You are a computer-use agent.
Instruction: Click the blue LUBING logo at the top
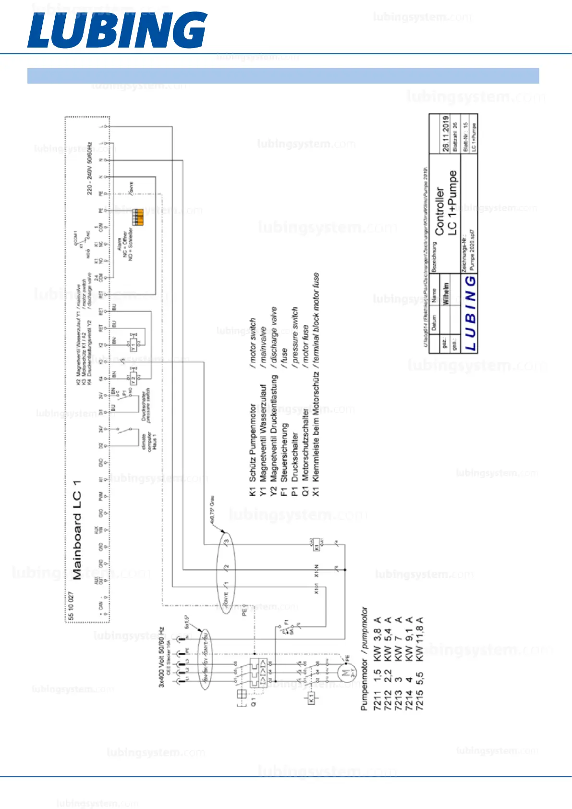117,30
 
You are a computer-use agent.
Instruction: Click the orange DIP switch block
138,217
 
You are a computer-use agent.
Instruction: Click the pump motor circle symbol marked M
346,672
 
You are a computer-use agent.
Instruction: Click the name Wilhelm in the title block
446,293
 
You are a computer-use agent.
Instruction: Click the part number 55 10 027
71,606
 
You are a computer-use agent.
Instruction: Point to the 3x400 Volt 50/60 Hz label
162,657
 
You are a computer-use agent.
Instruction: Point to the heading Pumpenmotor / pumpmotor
365,659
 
